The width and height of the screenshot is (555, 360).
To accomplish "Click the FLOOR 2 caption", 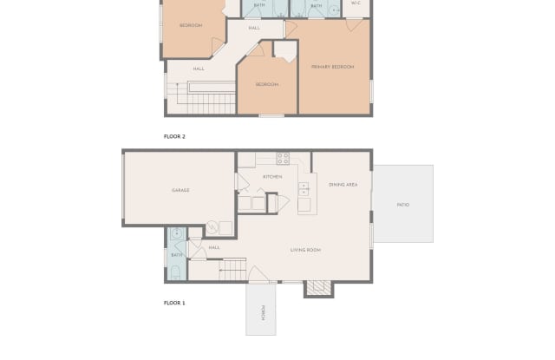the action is (x=174, y=136).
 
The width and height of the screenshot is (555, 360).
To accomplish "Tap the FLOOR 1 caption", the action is (x=174, y=303).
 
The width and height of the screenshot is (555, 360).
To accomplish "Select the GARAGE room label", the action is (x=180, y=191).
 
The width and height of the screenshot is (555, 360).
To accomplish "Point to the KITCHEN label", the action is (x=272, y=177).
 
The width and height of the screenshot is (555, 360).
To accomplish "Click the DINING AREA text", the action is (x=343, y=185).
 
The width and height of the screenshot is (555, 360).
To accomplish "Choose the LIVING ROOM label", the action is (x=305, y=250).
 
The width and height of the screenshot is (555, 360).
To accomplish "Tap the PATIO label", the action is (x=403, y=205).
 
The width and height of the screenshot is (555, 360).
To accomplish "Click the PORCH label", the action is (x=263, y=313).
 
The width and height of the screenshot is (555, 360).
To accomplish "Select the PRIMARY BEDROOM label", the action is (x=332, y=67).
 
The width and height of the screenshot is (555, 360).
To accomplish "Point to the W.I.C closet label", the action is (x=356, y=3).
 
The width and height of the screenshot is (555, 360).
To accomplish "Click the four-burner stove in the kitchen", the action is (x=283, y=159).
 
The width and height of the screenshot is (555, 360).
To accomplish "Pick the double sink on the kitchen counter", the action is (x=304, y=189).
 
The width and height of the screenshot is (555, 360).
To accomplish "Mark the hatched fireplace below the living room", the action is (x=318, y=287).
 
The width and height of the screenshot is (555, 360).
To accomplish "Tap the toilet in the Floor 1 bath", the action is (x=175, y=272).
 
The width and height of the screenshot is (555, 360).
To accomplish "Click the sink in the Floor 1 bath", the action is (x=176, y=233).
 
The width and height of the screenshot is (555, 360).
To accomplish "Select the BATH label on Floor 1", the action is (x=177, y=255).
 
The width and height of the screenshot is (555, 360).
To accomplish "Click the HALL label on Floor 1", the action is (x=214, y=247).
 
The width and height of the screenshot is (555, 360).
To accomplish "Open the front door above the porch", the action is (x=258, y=274).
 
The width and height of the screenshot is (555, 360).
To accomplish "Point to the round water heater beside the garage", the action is (x=212, y=227).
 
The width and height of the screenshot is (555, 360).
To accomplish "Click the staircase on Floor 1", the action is (x=232, y=270).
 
